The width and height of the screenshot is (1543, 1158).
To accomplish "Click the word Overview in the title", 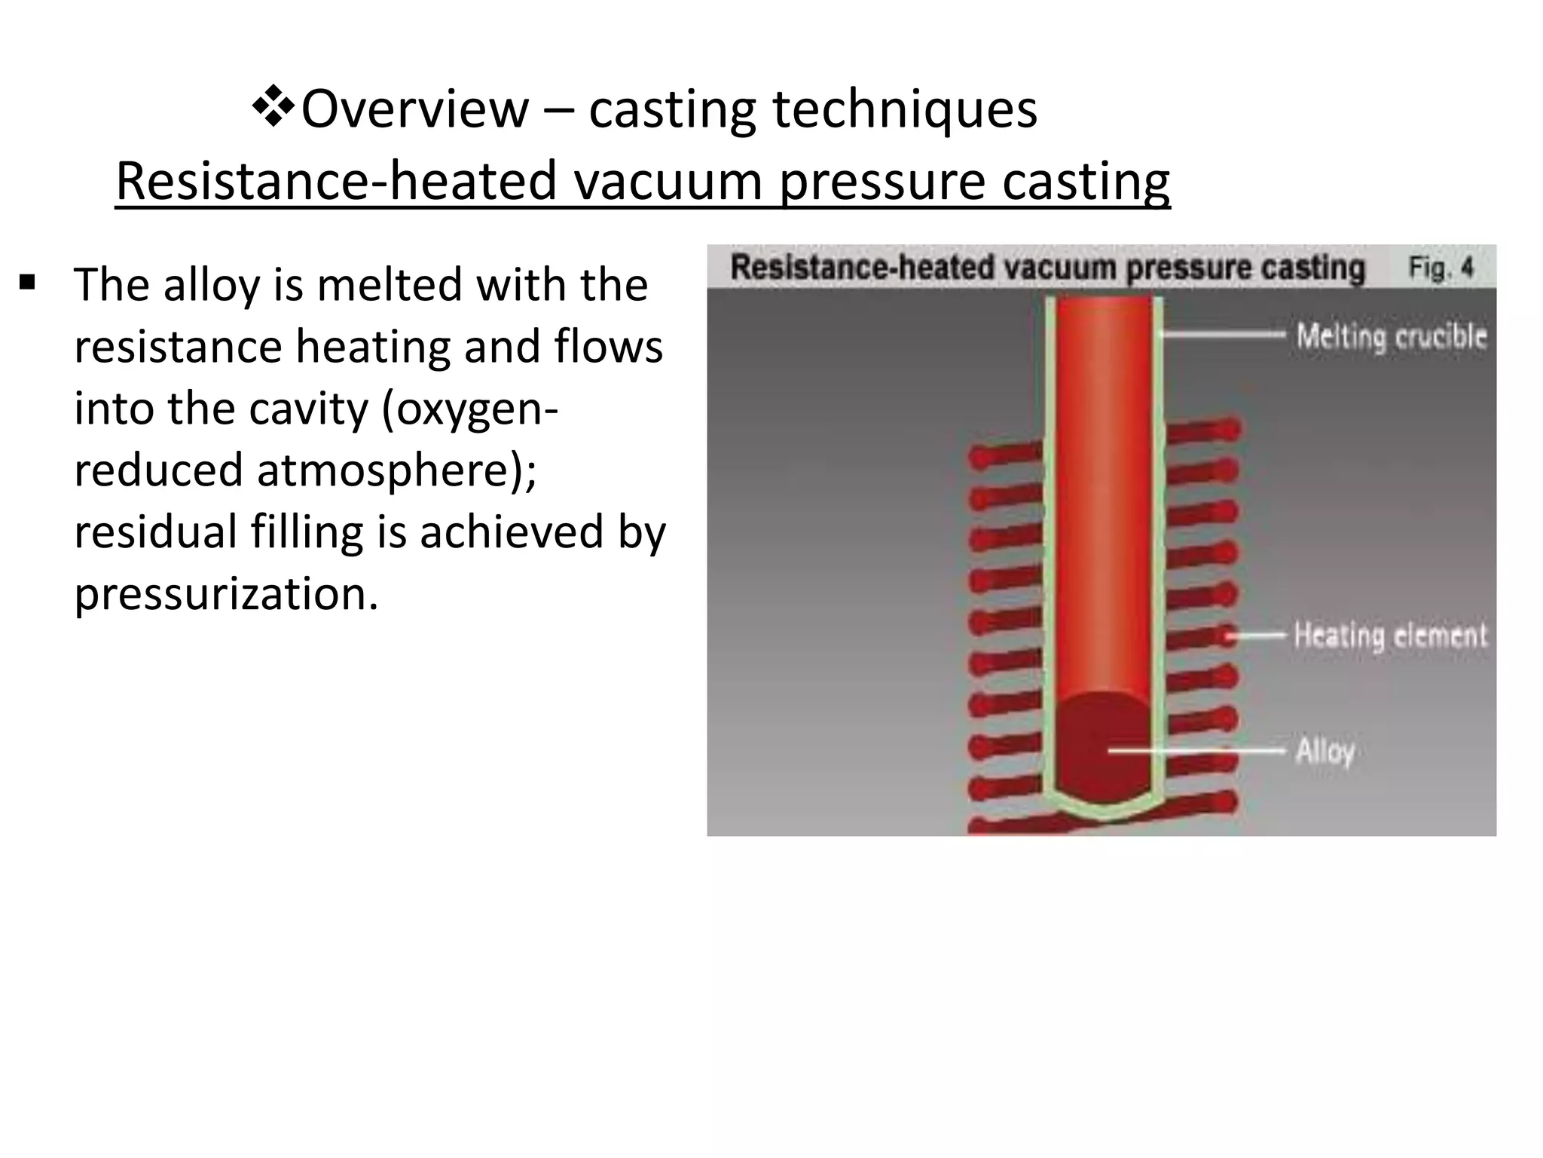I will tap(415, 109).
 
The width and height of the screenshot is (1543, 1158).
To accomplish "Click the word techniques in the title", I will tap(905, 109).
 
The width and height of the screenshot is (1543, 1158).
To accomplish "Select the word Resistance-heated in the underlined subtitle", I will tap(335, 181).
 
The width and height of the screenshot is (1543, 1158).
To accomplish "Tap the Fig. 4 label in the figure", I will tap(1440, 268).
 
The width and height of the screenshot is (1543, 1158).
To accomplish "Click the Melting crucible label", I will tap(1391, 336).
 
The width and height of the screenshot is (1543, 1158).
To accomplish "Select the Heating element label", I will tap(1390, 635).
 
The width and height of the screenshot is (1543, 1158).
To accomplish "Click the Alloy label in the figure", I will tap(1325, 751).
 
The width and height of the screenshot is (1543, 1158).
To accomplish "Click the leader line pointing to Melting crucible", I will tap(1221, 333).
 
